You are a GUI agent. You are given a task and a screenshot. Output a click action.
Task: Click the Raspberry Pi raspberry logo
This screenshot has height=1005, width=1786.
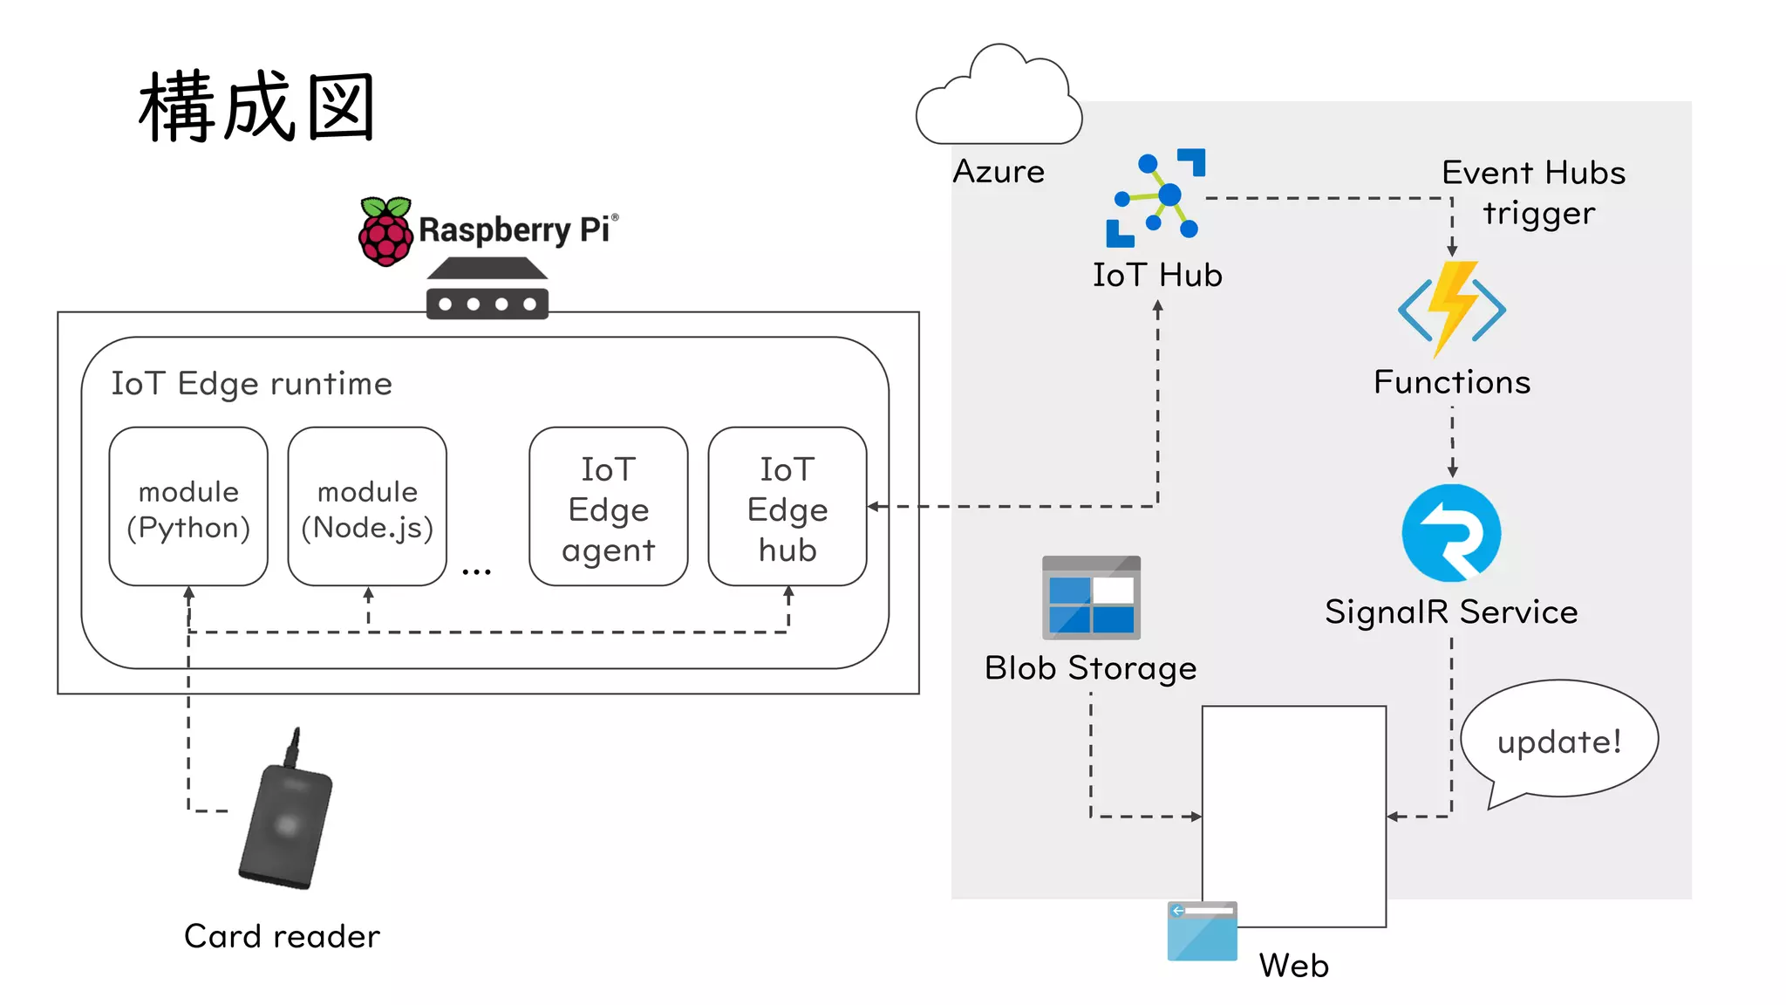(385, 231)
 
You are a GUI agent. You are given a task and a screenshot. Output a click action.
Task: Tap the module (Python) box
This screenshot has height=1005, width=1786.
(188, 507)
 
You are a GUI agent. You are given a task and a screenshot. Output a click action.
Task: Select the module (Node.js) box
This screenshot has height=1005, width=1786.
(367, 507)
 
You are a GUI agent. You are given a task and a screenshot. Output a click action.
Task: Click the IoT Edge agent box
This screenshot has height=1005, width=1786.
(608, 507)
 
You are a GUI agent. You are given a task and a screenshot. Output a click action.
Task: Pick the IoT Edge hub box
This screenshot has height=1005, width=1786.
(787, 507)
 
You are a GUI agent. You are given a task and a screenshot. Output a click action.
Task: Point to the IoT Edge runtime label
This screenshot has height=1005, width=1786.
(251, 384)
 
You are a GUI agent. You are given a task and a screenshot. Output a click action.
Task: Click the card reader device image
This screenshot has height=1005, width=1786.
(286, 820)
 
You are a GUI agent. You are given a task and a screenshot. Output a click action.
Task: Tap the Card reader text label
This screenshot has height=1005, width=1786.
(282, 936)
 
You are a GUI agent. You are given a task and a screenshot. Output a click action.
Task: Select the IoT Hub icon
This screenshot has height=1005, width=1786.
(1156, 198)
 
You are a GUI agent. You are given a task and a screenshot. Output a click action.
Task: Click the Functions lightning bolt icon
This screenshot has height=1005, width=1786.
(1451, 309)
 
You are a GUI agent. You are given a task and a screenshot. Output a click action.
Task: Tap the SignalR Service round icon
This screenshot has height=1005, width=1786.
(1451, 533)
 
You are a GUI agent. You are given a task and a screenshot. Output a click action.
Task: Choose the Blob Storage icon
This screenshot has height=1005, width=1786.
(1091, 598)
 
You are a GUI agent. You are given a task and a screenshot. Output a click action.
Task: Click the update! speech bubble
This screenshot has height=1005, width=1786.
(1559, 741)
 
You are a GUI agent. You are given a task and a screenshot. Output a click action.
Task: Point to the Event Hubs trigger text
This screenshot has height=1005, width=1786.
(1535, 193)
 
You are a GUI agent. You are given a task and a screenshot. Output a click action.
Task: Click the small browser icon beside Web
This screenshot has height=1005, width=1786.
(1202, 931)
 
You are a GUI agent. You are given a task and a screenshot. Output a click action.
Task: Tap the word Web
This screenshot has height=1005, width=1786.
(1293, 966)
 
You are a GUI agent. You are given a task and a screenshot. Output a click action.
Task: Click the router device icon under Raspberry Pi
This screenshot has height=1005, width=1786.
(487, 290)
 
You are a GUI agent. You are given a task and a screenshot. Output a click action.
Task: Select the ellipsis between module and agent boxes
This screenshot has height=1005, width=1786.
(476, 571)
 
